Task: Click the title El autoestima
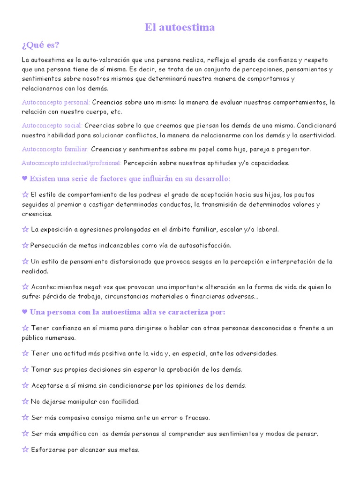(x=180, y=28)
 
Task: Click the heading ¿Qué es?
(x=40, y=45)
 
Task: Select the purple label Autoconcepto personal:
(x=56, y=102)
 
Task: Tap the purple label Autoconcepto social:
(x=52, y=126)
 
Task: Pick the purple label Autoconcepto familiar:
(x=55, y=149)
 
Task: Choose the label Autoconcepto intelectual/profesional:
(x=72, y=163)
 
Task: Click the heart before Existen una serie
(x=25, y=179)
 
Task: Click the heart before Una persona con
(x=25, y=312)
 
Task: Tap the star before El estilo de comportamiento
(x=25, y=195)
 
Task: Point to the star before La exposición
(x=25, y=230)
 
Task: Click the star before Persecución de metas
(x=25, y=246)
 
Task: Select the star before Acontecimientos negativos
(x=25, y=287)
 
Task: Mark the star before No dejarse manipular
(x=25, y=402)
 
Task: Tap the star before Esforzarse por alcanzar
(x=25, y=450)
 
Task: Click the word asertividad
(x=317, y=135)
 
